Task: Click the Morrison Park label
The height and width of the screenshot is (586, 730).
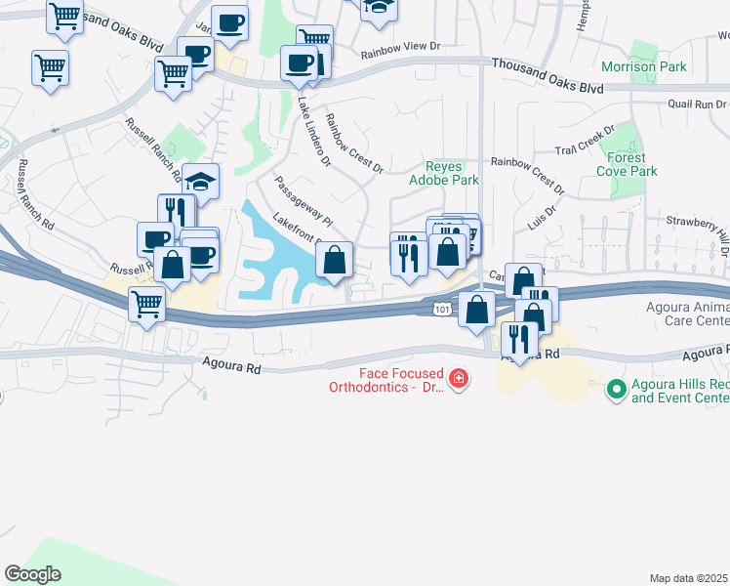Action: point(644,67)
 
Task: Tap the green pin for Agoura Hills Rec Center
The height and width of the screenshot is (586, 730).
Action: point(616,391)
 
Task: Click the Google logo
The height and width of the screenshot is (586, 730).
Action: point(32,573)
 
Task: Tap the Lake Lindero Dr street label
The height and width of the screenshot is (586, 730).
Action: point(314,128)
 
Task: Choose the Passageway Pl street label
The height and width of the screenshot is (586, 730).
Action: point(304,199)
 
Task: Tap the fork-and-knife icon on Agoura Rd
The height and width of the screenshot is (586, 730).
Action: point(519,340)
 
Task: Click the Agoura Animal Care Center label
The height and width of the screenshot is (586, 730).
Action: point(683,313)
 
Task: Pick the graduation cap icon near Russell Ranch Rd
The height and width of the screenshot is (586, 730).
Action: point(200,182)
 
